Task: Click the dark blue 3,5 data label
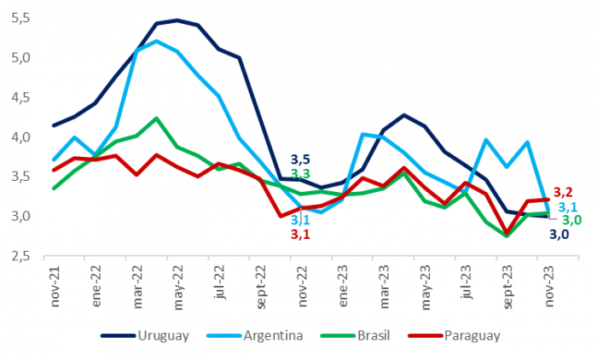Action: [300, 159]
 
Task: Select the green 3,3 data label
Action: [300, 174]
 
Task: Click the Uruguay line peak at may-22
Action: [177, 20]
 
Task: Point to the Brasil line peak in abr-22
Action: [157, 119]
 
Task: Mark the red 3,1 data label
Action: [300, 234]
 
